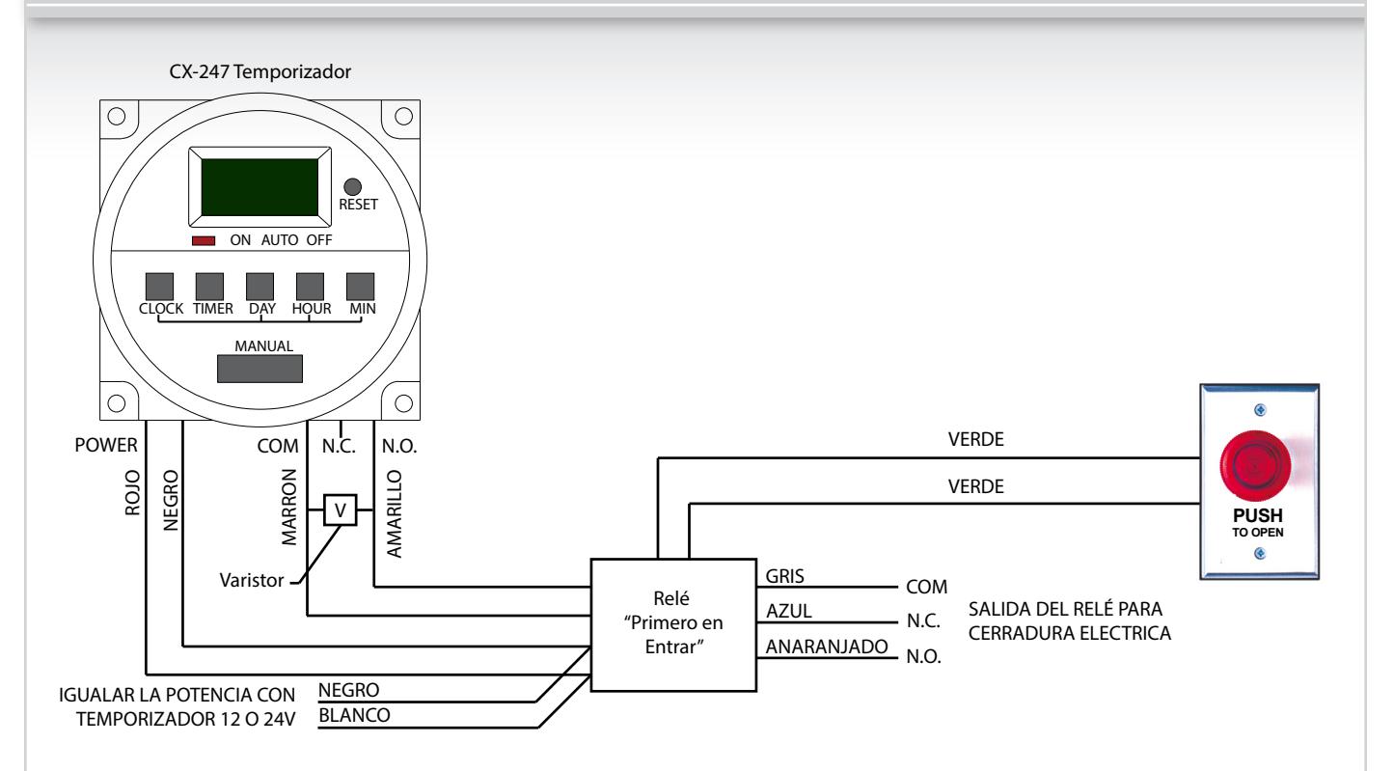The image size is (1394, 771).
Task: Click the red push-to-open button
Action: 1255,465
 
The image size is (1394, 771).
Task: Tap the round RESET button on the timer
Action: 352,186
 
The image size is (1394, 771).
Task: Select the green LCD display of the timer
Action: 260,187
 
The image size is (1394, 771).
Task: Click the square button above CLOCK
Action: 159,287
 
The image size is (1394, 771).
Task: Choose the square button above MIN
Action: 361,287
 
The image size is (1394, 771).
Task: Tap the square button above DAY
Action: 260,287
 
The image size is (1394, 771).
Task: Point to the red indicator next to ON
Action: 204,241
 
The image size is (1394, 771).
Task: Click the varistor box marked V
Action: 341,510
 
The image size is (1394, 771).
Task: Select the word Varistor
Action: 252,581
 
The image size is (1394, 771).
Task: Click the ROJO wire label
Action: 132,493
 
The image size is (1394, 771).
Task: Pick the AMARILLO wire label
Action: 395,514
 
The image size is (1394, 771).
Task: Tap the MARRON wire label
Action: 289,508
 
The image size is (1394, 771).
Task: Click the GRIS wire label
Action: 784,576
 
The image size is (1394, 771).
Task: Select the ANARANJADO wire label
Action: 827,647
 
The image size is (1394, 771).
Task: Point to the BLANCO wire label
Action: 354,716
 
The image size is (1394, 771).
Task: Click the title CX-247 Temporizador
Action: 260,72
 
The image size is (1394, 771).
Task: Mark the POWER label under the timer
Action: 106,446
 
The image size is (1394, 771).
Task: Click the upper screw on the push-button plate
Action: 1260,409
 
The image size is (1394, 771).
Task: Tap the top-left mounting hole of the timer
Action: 117,117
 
